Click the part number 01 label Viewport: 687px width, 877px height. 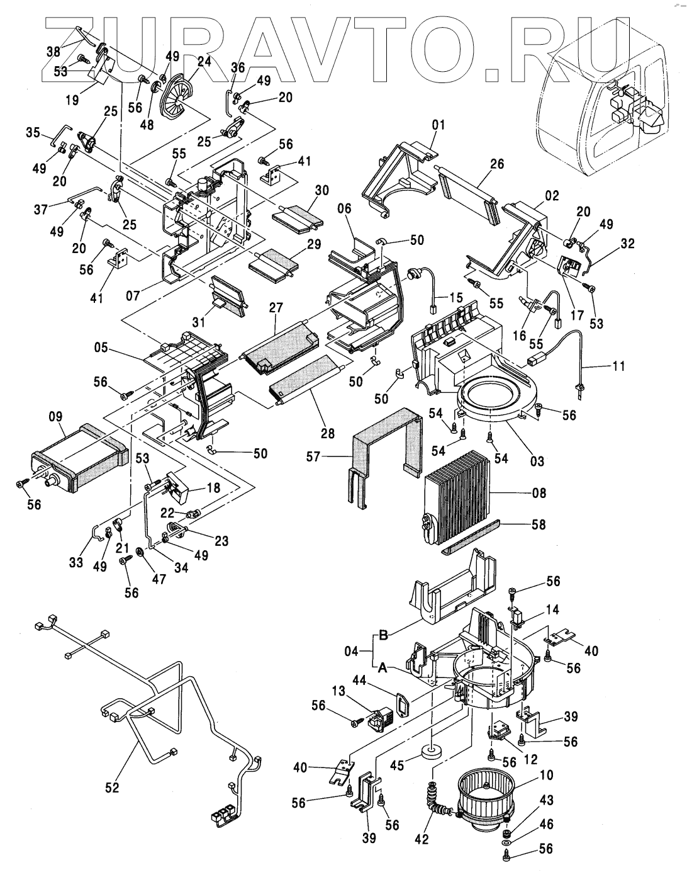click(x=438, y=125)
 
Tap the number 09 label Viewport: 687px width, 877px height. click(x=55, y=416)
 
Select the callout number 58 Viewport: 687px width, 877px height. click(x=539, y=524)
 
